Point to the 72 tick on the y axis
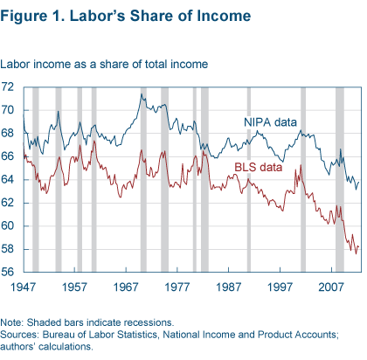point(9,87)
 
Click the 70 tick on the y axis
point(9,110)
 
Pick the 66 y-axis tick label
point(9,156)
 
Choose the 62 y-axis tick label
point(9,203)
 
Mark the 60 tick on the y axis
point(9,225)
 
